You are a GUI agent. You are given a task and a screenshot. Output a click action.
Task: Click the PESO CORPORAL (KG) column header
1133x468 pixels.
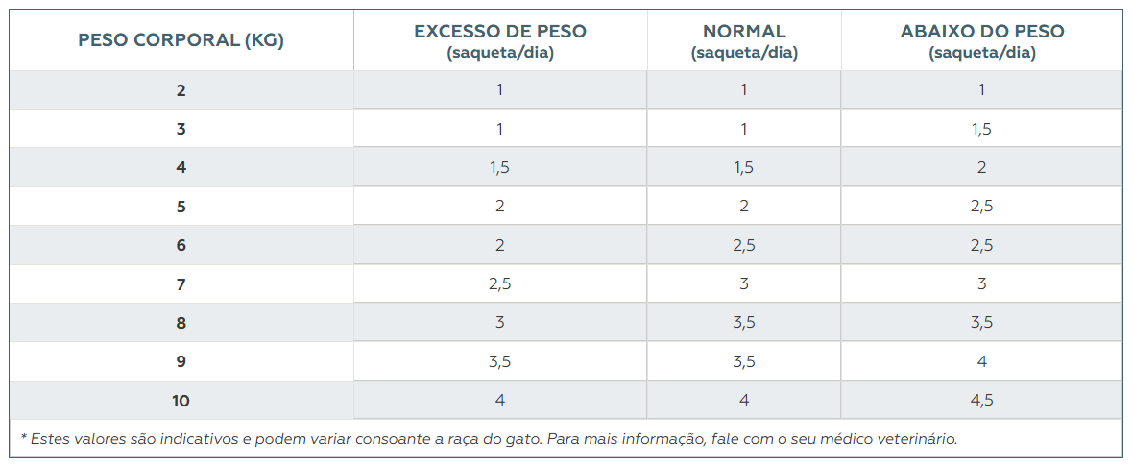tap(181, 40)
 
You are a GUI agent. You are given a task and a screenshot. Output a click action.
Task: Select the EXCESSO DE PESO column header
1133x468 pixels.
tap(500, 40)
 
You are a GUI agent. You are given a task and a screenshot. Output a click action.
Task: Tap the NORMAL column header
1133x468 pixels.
tap(744, 40)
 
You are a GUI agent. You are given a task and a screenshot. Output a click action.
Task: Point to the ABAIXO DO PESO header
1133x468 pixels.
tap(981, 40)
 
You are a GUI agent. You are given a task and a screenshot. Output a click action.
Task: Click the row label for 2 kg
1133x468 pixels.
tap(181, 90)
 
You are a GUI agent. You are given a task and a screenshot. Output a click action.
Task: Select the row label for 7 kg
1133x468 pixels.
tap(181, 284)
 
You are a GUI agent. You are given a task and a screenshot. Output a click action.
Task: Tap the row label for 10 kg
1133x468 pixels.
tap(181, 401)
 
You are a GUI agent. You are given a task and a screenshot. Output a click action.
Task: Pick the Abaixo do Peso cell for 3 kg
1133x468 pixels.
tap(981, 129)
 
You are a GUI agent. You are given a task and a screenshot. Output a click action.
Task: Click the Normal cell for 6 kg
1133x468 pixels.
tap(744, 245)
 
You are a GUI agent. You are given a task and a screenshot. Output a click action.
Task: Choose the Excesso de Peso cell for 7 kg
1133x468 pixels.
tap(500, 284)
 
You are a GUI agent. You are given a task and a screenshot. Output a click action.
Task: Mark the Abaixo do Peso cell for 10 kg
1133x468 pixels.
tap(981, 401)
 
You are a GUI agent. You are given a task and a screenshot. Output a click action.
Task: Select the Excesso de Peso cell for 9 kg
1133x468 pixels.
tap(500, 361)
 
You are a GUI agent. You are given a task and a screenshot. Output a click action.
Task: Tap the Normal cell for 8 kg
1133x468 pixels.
tap(744, 323)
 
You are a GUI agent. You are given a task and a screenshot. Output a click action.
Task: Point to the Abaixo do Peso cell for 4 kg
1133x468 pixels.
tap(981, 167)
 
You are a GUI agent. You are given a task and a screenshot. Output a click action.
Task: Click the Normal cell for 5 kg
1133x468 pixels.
tap(744, 207)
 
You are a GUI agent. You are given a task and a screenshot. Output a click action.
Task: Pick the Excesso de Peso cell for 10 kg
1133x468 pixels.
tap(500, 400)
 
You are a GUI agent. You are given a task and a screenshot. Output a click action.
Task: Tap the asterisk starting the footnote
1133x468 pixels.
tap(23, 438)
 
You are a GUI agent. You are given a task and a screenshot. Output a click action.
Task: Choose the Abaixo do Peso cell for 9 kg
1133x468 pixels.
tap(981, 361)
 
